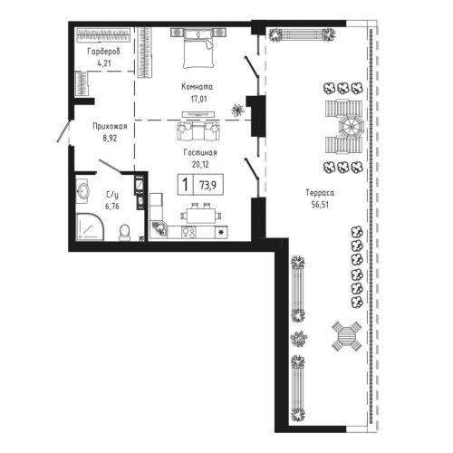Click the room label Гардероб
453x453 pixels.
pos(104,53)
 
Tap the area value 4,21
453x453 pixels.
pos(104,63)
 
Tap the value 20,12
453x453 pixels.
pos(197,166)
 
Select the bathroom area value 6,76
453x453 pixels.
pos(111,206)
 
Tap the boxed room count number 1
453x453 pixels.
pos(185,185)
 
